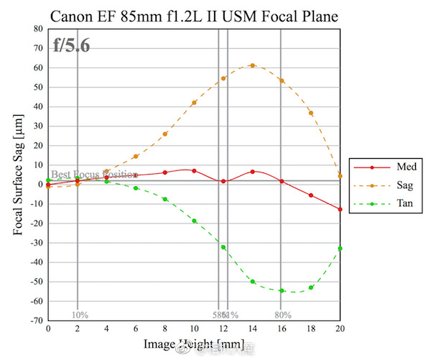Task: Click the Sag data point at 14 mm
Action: click(x=252, y=65)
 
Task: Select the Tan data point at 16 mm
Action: click(x=282, y=290)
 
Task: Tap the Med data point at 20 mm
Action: click(x=340, y=209)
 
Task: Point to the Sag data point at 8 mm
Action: click(x=164, y=134)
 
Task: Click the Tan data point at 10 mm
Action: click(x=194, y=221)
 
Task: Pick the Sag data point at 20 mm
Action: click(x=340, y=176)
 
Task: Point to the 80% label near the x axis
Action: click(x=282, y=315)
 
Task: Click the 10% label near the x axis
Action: click(x=79, y=315)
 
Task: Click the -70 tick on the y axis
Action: click(x=36, y=320)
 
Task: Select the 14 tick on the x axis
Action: click(x=252, y=328)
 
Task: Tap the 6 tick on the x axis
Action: click(x=135, y=328)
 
